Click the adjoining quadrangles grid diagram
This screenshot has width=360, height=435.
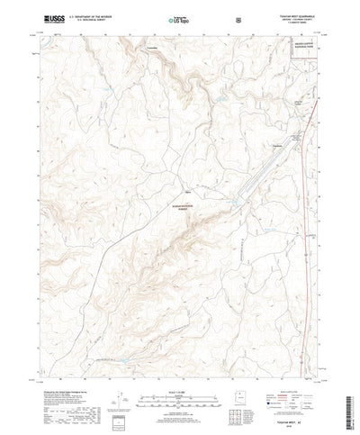[236, 416]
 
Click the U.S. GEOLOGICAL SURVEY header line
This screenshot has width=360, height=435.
[90, 19]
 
